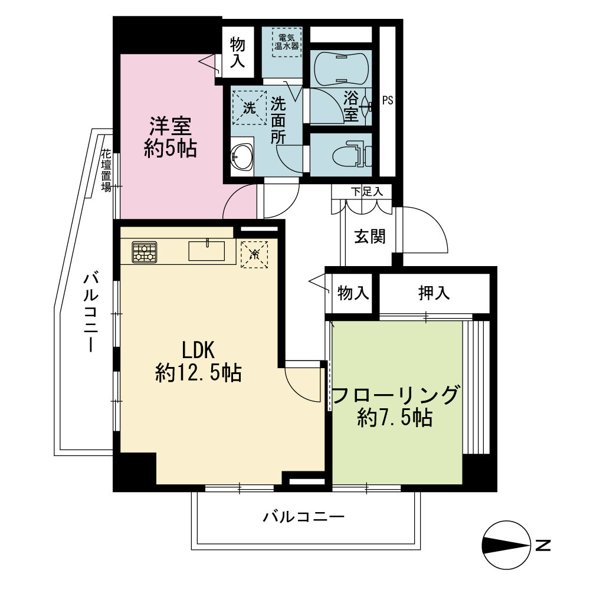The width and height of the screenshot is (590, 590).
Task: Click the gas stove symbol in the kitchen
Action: point(145,252)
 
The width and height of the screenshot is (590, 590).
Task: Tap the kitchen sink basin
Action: point(206,251)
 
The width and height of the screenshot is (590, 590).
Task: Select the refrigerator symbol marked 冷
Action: point(254,254)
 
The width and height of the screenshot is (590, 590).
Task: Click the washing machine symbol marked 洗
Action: point(249,108)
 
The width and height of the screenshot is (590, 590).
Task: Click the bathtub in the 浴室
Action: point(341,68)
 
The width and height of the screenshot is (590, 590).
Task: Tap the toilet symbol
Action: point(353,154)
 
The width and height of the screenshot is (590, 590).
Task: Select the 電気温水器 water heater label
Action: point(287,42)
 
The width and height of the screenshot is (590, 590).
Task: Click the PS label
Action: point(388,100)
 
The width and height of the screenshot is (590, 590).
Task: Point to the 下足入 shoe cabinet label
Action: point(367,192)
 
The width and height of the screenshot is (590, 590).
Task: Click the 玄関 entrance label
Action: point(370,237)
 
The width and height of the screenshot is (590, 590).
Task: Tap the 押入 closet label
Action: point(434,293)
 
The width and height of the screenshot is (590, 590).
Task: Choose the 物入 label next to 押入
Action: point(353,293)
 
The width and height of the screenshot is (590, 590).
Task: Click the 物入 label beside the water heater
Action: point(237,52)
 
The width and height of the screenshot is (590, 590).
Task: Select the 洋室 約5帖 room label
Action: point(171,137)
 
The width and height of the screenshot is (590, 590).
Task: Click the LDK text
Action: point(198,350)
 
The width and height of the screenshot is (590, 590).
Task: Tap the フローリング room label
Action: point(395,395)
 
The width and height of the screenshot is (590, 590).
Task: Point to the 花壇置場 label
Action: point(106,171)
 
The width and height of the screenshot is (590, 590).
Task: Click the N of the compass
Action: point(543,545)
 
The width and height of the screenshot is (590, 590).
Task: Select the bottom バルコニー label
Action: point(303,517)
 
